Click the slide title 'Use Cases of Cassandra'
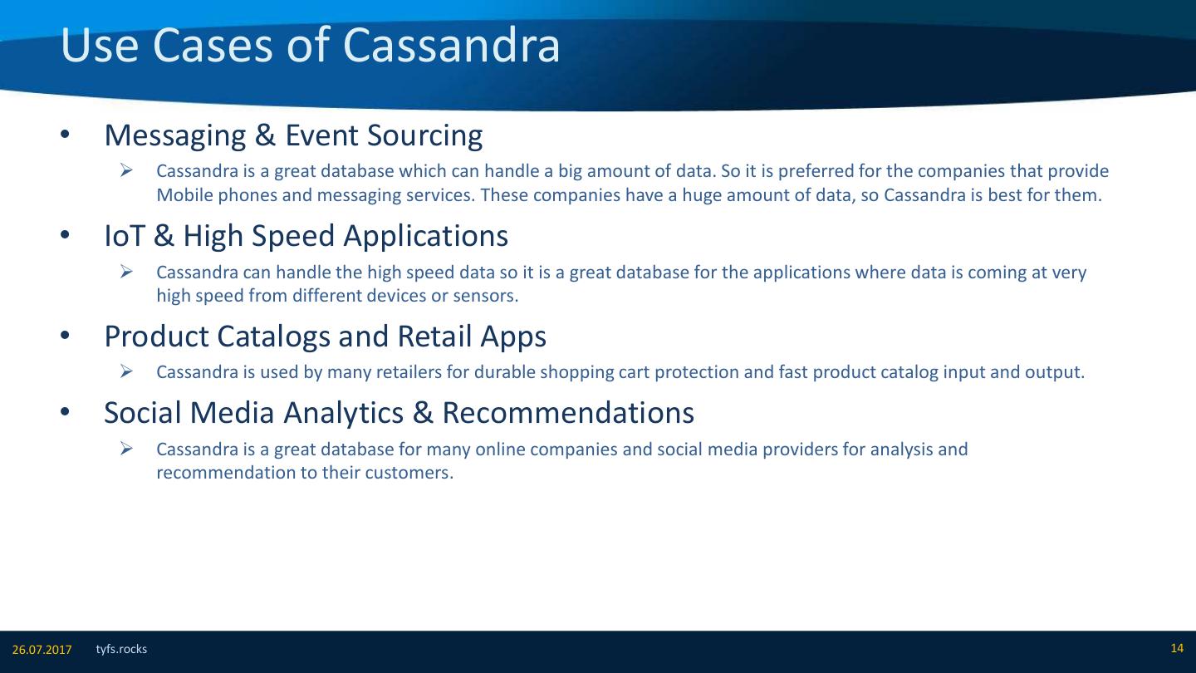pos(311,46)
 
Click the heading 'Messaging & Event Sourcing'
pos(293,135)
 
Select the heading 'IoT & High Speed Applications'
pos(306,236)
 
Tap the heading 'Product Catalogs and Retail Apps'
pos(326,336)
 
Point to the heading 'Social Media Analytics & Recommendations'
pos(399,413)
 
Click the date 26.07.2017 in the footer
pos(42,650)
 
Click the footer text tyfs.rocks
pos(121,649)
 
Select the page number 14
pos(1177,648)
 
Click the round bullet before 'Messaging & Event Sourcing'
pos(65,135)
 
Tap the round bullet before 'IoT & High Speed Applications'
pos(65,235)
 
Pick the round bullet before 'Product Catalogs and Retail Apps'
pos(65,336)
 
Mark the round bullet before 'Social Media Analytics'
pos(65,412)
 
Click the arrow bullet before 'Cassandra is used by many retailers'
pos(126,371)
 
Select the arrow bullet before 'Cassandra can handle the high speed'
pos(126,272)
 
